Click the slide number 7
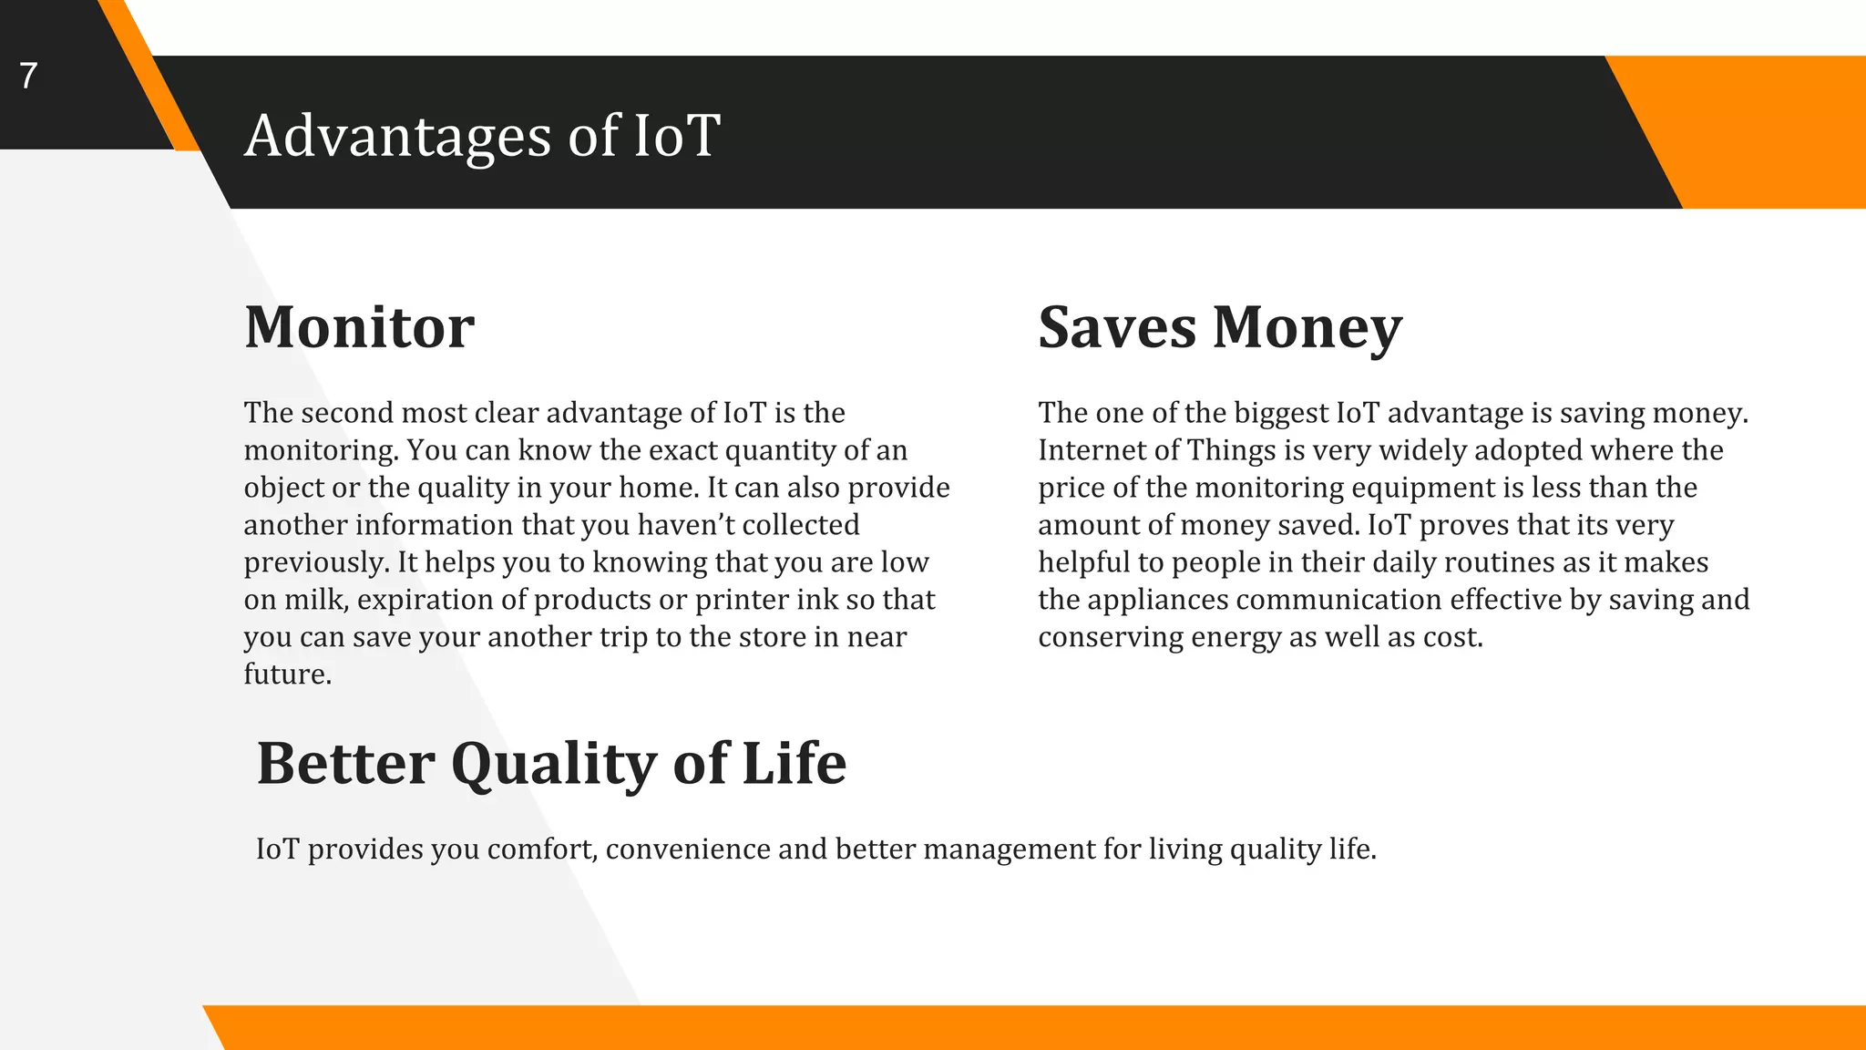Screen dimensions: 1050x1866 click(28, 76)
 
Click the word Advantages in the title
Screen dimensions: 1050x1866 click(397, 137)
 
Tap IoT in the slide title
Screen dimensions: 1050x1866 click(676, 137)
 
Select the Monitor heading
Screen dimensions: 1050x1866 click(359, 327)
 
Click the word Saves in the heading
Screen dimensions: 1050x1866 click(1116, 327)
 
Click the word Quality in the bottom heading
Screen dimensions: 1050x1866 click(553, 764)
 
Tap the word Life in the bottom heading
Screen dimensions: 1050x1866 click(794, 764)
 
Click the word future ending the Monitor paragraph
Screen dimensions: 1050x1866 click(285, 674)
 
